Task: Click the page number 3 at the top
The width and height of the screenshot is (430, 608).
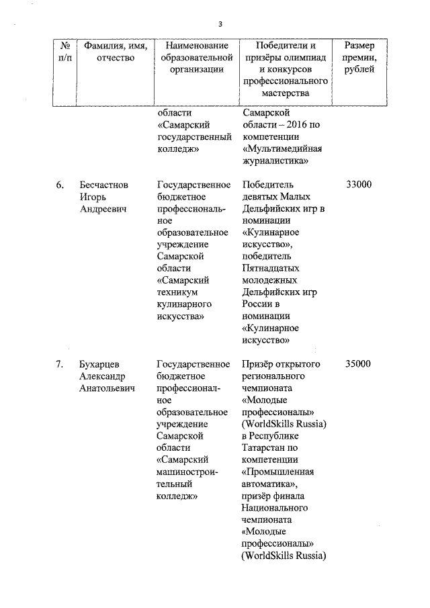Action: [220, 25]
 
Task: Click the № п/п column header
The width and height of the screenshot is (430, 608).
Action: [66, 52]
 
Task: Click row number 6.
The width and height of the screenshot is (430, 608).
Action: [60, 184]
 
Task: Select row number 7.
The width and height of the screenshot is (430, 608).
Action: [60, 364]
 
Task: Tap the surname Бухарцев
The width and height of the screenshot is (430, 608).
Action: [101, 364]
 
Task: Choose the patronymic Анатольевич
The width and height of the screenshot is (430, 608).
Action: [106, 388]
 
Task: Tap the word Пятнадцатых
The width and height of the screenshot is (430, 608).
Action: [269, 268]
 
